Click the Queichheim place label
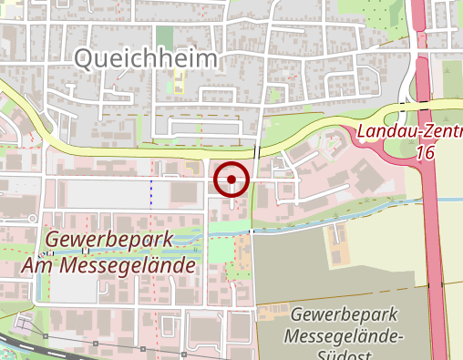(x=146, y=60)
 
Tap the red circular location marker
(x=231, y=179)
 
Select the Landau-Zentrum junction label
(x=409, y=133)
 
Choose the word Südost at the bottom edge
(x=346, y=354)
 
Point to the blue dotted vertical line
(x=152, y=190)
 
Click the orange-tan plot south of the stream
(x=271, y=313)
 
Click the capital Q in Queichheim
(x=83, y=60)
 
